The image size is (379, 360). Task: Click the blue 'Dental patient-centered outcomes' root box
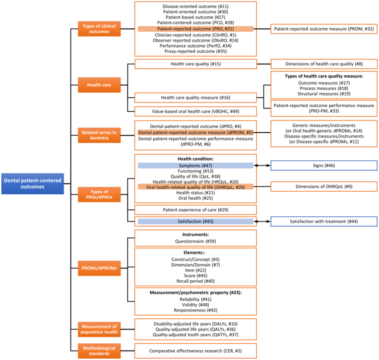pos(32,184)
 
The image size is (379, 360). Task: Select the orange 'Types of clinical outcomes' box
pos(99,29)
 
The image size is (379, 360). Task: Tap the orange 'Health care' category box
pos(99,85)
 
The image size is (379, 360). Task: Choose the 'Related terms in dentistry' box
pos(99,135)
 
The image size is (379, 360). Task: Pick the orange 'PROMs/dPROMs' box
pos(99,268)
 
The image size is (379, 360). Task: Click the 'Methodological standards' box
pos(99,351)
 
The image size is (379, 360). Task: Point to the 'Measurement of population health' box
pos(99,329)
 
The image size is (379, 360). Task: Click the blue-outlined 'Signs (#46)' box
pos(324,166)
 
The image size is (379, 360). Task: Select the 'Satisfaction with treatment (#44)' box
pos(324,221)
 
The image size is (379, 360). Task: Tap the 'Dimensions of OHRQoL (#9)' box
pos(324,187)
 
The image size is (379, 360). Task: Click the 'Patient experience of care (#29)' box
pos(195,210)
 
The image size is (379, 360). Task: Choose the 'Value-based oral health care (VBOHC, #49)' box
pos(195,111)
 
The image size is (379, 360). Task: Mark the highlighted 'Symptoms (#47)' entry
pos(195,166)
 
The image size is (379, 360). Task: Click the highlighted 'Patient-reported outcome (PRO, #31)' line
pos(195,29)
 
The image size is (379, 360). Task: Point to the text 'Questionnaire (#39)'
pos(195,241)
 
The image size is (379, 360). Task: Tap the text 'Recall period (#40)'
pos(195,281)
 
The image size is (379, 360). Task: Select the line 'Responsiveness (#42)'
pos(195,310)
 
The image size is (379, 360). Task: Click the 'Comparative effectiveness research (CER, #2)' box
pos(195,351)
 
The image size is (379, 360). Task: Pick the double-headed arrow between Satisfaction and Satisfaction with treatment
pos(262,221)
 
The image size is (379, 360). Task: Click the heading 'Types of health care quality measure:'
pos(324,76)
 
